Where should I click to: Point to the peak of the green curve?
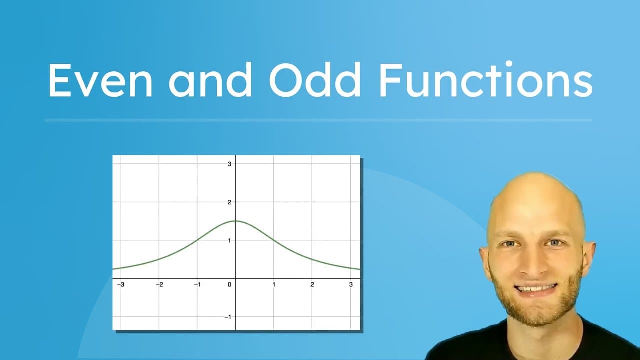pos(235,221)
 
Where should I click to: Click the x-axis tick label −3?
pos(120,285)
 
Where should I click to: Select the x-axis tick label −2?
pos(158,285)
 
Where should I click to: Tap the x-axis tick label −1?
pos(197,285)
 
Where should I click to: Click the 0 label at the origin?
pos(230,285)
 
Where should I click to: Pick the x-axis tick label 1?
pos(274,285)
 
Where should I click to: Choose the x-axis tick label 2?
pos(312,285)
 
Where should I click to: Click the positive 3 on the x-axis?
pos(351,285)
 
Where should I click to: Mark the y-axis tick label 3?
pos(229,164)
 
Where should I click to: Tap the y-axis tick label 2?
pos(229,202)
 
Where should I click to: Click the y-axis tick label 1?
pos(229,240)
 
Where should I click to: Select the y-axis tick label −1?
pos(228,317)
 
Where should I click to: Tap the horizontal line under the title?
pos(318,120)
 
